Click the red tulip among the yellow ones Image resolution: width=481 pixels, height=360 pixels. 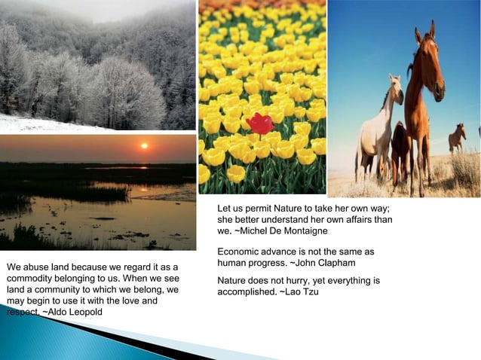point(259,123)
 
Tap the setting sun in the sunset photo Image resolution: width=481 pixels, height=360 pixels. point(144,145)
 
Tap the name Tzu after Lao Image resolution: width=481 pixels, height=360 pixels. point(310,291)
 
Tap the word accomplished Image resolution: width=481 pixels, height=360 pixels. point(246,291)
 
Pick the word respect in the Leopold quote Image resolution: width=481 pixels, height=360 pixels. point(22,311)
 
